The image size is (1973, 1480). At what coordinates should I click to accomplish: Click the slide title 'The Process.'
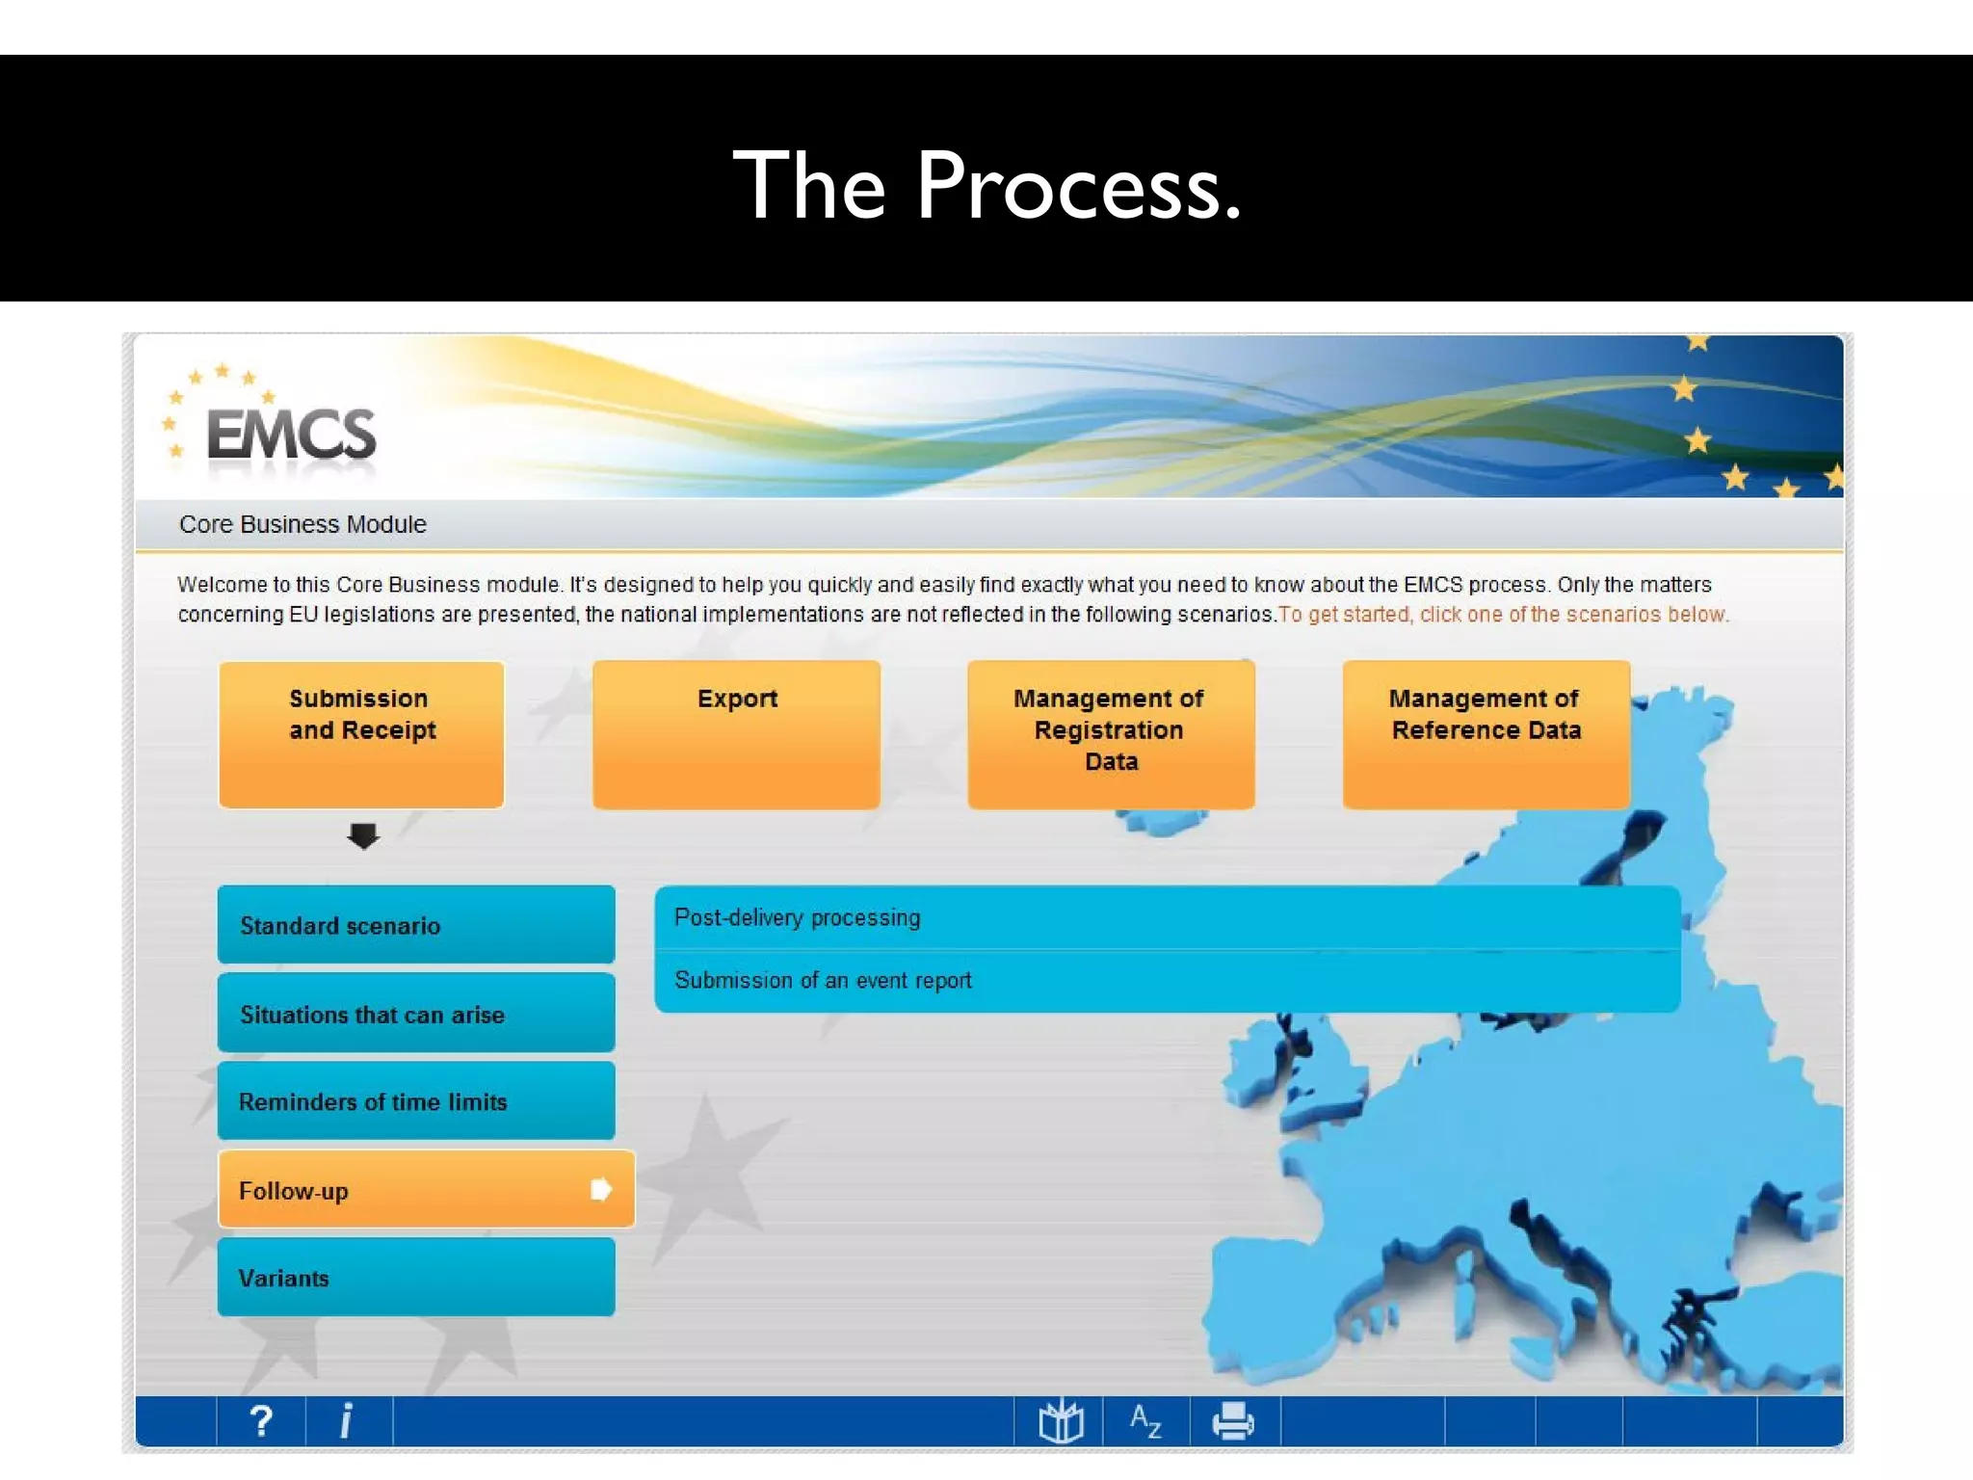coord(986,185)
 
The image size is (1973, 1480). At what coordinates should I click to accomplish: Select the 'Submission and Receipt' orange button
coord(361,734)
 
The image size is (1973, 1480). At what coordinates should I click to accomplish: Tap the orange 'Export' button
coord(737,734)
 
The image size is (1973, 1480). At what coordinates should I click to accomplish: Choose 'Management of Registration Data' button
coord(1111,734)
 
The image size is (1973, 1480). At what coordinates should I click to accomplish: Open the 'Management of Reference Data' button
coord(1486,734)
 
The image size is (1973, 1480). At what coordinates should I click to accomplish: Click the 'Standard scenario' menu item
coord(416,925)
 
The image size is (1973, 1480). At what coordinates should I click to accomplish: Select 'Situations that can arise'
coord(416,1014)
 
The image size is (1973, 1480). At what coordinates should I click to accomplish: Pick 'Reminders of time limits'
coord(416,1101)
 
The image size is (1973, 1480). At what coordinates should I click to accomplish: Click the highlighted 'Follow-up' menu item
coord(405,1190)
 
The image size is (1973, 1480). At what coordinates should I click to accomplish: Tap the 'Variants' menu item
coord(416,1278)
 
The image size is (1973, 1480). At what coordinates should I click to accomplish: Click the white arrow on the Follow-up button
coord(601,1190)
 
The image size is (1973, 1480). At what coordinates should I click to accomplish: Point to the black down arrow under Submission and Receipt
coord(363,835)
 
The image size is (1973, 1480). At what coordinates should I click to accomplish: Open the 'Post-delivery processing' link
coord(798,917)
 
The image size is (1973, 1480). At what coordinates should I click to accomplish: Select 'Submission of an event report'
coord(823,980)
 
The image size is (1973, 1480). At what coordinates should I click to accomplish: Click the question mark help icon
coord(261,1421)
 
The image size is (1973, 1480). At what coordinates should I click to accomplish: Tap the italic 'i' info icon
coord(347,1421)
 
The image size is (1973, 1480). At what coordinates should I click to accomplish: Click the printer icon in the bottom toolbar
coord(1233,1421)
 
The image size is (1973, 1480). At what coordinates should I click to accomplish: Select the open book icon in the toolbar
coord(1061,1421)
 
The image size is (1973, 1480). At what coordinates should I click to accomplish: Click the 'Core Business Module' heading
coord(303,524)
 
